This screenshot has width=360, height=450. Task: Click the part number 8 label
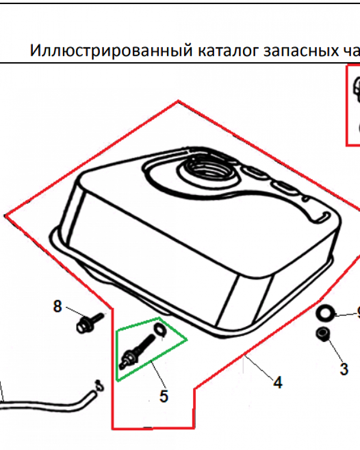coord(57,306)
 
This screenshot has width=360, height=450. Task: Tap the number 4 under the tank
coord(278,382)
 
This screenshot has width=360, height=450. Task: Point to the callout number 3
coord(344,369)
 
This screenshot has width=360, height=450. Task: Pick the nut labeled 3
coord(322,334)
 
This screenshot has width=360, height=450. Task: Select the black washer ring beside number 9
coord(325,311)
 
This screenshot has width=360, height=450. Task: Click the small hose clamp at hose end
coord(98,385)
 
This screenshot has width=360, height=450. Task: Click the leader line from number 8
coord(74,311)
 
